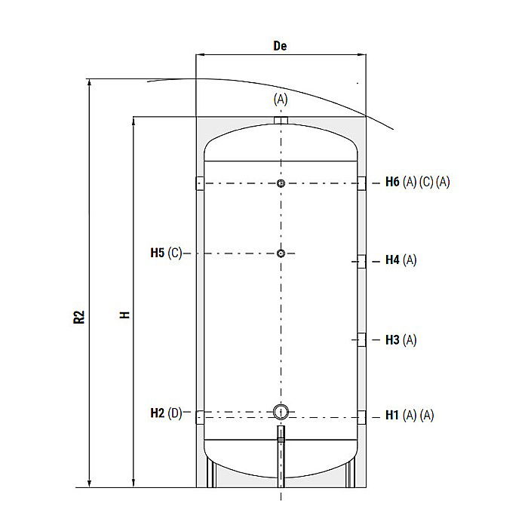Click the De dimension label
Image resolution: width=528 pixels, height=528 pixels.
tap(280, 45)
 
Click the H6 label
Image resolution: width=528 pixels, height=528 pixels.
tap(392, 182)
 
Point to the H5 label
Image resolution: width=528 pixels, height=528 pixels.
tap(157, 253)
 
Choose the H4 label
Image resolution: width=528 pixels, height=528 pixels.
tap(392, 260)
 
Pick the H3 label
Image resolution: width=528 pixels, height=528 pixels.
tap(392, 340)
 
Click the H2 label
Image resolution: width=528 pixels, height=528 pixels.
tap(157, 413)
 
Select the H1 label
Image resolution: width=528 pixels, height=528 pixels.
tap(392, 415)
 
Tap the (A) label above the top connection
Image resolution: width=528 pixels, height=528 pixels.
tap(281, 99)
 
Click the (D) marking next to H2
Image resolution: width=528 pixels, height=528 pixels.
tap(175, 413)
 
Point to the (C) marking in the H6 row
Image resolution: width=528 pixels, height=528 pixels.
tap(426, 182)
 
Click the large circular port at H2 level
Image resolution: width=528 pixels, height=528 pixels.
tap(281, 412)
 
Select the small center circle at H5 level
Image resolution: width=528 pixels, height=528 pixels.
tap(281, 253)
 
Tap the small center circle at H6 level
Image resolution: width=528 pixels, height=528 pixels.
tap(281, 184)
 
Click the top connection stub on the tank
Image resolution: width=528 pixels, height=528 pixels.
tap(281, 122)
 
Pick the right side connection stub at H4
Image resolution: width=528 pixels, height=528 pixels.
tap(362, 261)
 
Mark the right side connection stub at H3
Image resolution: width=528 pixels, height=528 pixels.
tap(362, 340)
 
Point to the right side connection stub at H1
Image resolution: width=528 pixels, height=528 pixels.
tap(363, 416)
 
